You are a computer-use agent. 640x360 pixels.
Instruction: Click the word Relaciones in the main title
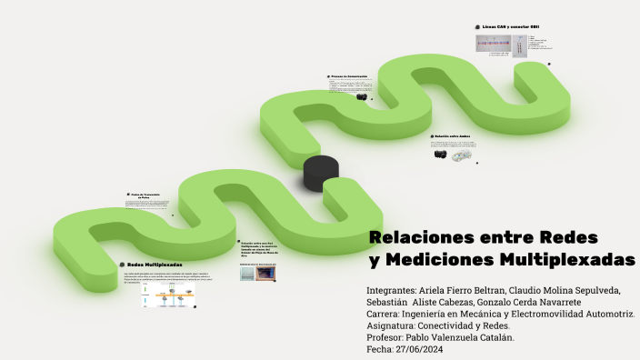(x=414, y=237)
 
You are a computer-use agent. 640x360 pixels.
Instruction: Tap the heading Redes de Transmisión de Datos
(x=145, y=195)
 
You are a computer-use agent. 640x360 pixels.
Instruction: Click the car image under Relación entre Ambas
(x=462, y=155)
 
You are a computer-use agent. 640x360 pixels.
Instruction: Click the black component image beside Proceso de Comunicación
(x=362, y=96)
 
